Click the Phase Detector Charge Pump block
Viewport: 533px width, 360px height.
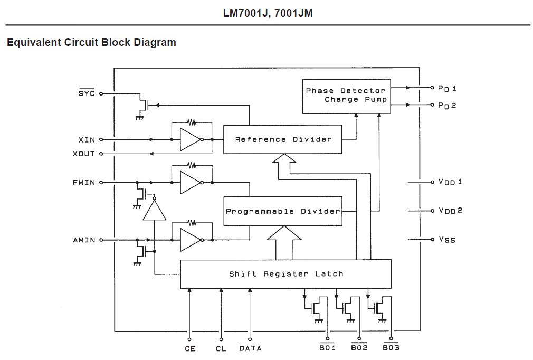346,96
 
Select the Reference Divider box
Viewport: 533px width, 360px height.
283,139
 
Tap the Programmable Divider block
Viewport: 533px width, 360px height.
283,211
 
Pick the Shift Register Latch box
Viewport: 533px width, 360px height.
285,274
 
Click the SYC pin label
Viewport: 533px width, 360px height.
86,93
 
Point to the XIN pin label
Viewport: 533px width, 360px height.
87,140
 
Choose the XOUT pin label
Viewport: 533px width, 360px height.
84,154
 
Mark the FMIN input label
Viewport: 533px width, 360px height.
84,183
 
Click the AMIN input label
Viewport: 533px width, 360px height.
84,240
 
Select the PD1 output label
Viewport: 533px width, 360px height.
446,88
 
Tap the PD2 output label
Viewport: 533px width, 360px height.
446,106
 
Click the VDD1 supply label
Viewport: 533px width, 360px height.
450,182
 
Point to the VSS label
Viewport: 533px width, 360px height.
446,240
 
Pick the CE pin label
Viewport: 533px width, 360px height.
190,348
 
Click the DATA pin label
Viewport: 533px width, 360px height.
250,348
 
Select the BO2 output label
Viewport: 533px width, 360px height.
359,348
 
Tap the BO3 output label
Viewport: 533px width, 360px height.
391,348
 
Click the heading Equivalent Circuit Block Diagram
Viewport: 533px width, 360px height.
91,42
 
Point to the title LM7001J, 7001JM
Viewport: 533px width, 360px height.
268,13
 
